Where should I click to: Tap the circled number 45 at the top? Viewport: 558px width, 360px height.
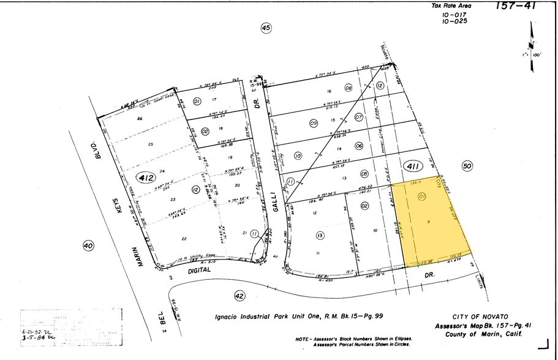[265, 28]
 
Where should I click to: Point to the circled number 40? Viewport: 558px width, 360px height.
[88, 246]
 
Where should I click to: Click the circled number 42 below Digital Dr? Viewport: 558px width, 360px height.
[239, 296]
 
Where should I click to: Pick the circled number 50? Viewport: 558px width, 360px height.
[468, 166]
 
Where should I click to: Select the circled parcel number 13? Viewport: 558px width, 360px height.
[320, 235]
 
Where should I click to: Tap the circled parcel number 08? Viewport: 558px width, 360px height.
[348, 88]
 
